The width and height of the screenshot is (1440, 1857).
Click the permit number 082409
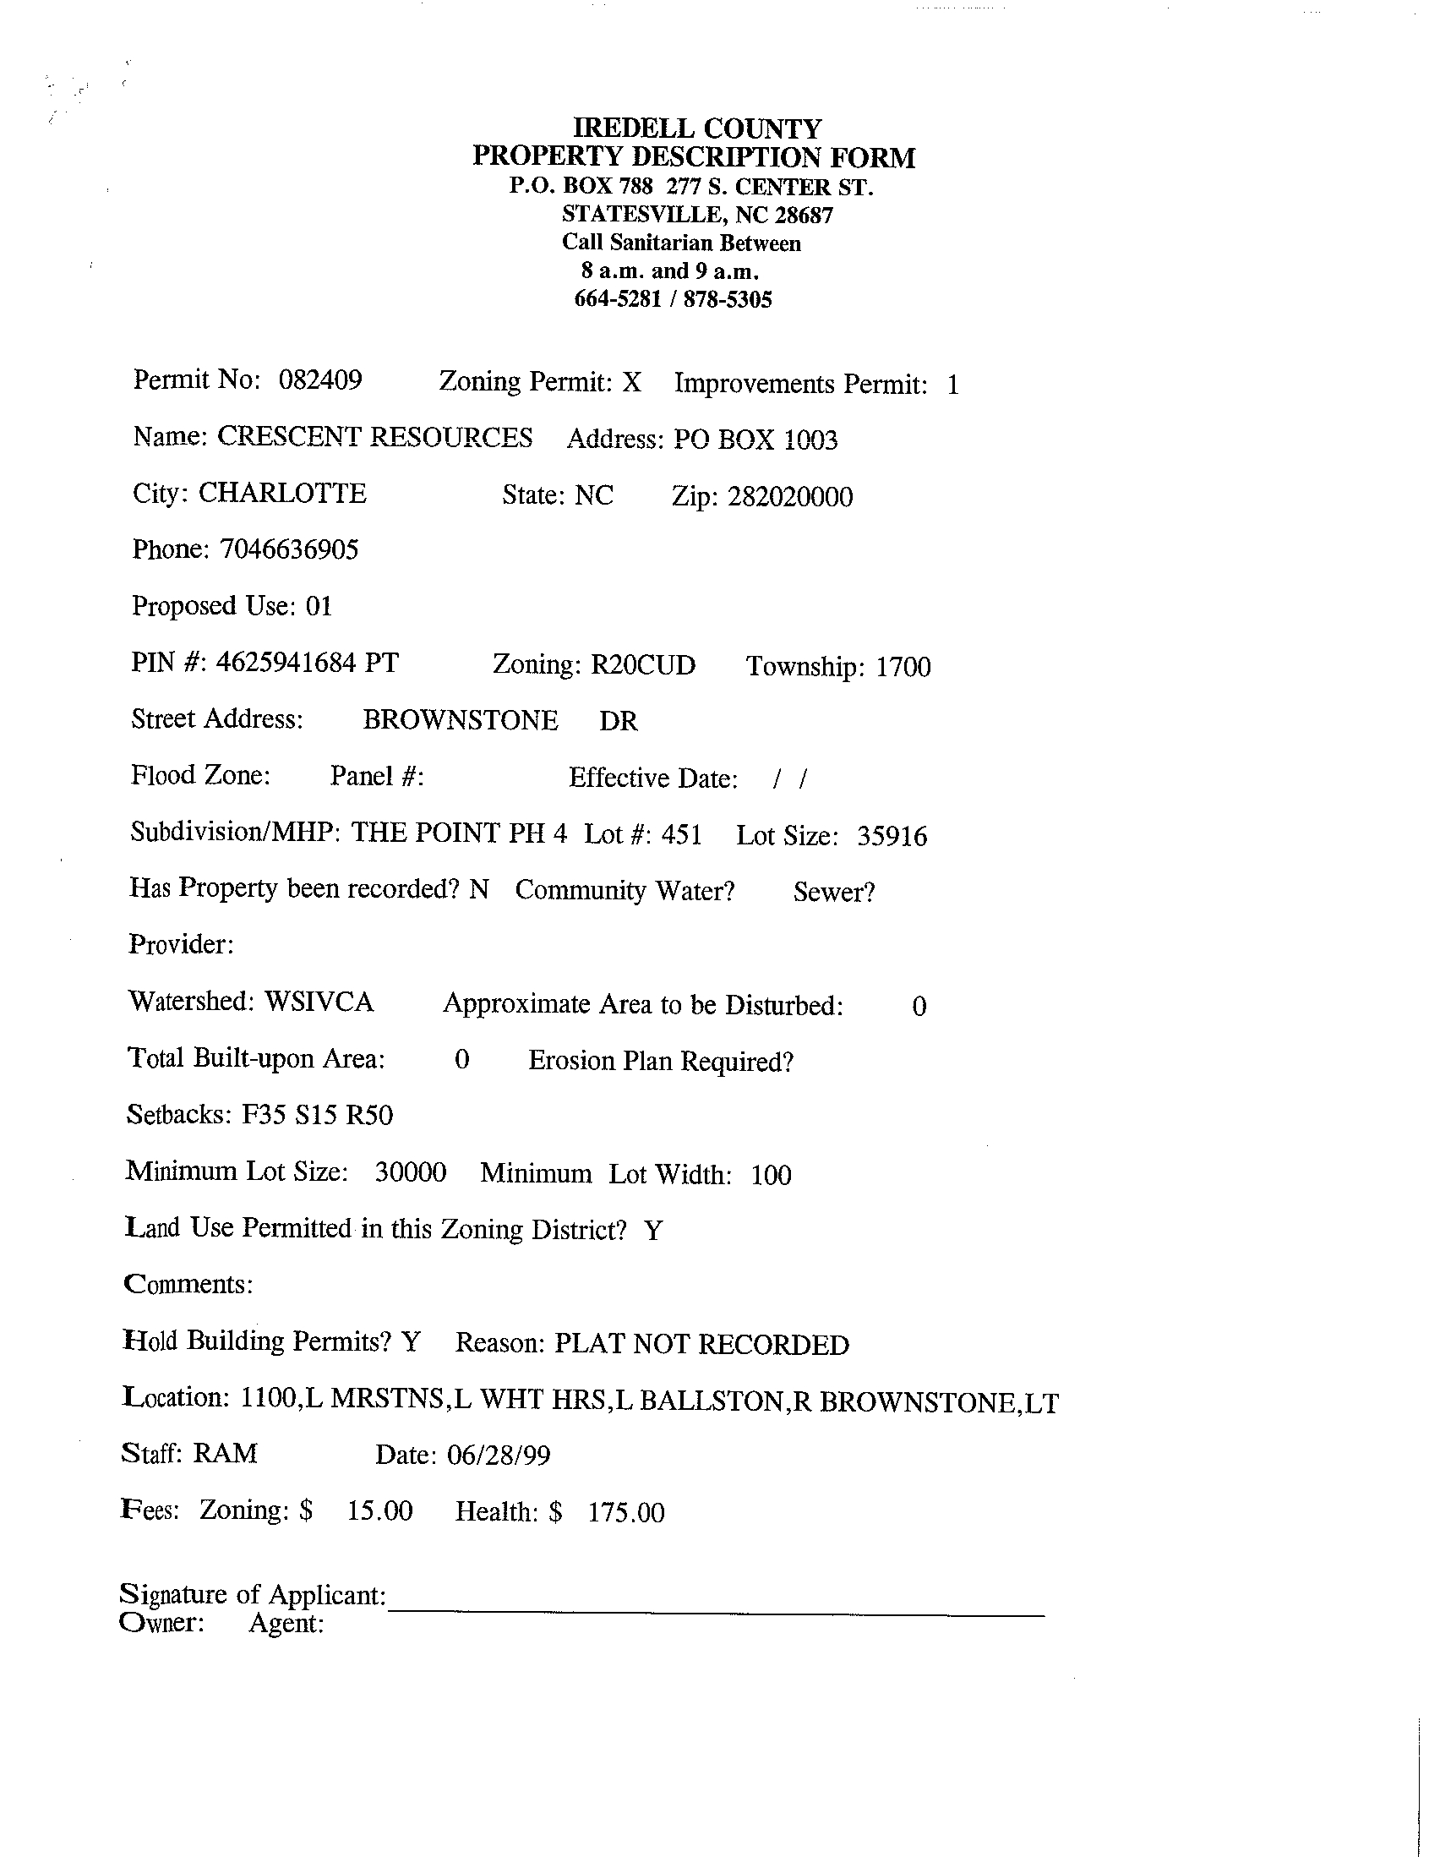click(x=319, y=380)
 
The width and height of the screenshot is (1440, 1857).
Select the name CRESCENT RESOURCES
click(x=375, y=437)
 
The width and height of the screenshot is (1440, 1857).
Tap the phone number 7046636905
click(x=289, y=549)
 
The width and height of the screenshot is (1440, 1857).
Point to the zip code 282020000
click(x=789, y=496)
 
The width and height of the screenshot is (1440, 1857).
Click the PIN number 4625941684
click(x=286, y=663)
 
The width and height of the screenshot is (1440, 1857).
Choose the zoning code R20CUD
click(x=642, y=665)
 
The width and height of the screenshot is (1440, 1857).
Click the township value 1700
click(x=903, y=667)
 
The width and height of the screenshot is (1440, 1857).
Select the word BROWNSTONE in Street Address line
click(x=460, y=720)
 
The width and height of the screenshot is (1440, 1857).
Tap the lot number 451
click(x=681, y=834)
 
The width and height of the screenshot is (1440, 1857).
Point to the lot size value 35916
click(x=892, y=836)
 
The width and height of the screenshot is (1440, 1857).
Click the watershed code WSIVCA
click(x=319, y=1002)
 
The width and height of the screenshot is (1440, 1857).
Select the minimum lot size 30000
click(x=411, y=1172)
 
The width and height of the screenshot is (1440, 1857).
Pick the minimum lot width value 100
click(x=771, y=1175)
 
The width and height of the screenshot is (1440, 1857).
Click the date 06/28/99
click(x=498, y=1455)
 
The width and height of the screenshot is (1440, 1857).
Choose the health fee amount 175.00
click(x=625, y=1513)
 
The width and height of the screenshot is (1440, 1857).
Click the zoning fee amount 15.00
click(x=379, y=1511)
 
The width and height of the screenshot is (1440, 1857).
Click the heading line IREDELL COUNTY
click(x=697, y=128)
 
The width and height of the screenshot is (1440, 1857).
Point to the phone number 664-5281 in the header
click(x=617, y=299)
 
